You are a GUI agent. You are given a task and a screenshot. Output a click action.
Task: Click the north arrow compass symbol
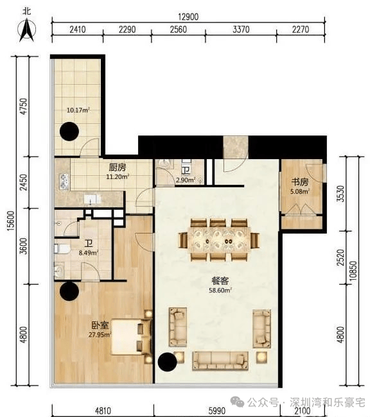[26, 30]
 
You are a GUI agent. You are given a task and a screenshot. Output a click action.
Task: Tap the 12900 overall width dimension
[188, 17]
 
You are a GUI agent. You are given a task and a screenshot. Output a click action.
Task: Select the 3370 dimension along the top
[241, 30]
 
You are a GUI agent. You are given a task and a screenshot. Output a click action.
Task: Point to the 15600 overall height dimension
[11, 221]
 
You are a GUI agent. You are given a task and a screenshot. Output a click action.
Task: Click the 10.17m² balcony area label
[78, 110]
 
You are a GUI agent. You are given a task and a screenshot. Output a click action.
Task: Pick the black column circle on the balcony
[69, 132]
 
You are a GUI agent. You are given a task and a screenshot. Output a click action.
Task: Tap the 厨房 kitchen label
[118, 167]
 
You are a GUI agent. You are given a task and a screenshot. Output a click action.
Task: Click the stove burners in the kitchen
[64, 182]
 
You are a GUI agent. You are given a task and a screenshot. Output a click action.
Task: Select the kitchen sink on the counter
[91, 199]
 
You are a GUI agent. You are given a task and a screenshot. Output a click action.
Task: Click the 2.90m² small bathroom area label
[186, 180]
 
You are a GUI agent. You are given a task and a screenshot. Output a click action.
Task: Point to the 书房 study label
[300, 182]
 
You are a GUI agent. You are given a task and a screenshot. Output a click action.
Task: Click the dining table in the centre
[219, 239]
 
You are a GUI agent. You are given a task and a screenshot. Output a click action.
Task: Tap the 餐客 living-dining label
[220, 281]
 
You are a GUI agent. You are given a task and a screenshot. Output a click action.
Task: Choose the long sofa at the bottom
[220, 361]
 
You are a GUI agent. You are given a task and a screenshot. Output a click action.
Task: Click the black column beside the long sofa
[168, 362]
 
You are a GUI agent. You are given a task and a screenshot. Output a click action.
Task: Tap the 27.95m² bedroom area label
[100, 334]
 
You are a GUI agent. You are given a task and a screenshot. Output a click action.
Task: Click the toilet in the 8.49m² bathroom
[62, 249]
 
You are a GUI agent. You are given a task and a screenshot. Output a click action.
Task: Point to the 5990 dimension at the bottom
[217, 411]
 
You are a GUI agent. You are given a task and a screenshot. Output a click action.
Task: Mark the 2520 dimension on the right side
[341, 257]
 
